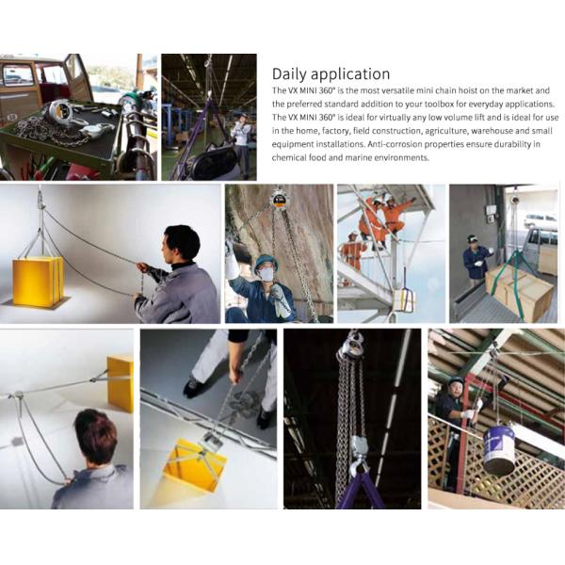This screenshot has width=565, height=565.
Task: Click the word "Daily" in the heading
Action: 289,74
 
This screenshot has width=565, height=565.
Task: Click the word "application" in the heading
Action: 350,74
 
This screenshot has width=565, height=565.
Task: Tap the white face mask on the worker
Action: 266,274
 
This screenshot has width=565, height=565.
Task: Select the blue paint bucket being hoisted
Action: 499,451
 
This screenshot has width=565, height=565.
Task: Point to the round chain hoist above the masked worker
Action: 278,198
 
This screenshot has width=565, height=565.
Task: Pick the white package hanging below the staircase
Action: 404,300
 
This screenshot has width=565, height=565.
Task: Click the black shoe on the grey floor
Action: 192,387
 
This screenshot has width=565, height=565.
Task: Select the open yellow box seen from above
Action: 195,465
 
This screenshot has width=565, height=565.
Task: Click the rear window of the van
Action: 17,75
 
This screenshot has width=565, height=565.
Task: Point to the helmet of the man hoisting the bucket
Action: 456,380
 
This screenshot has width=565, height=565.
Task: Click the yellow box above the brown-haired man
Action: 121,383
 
